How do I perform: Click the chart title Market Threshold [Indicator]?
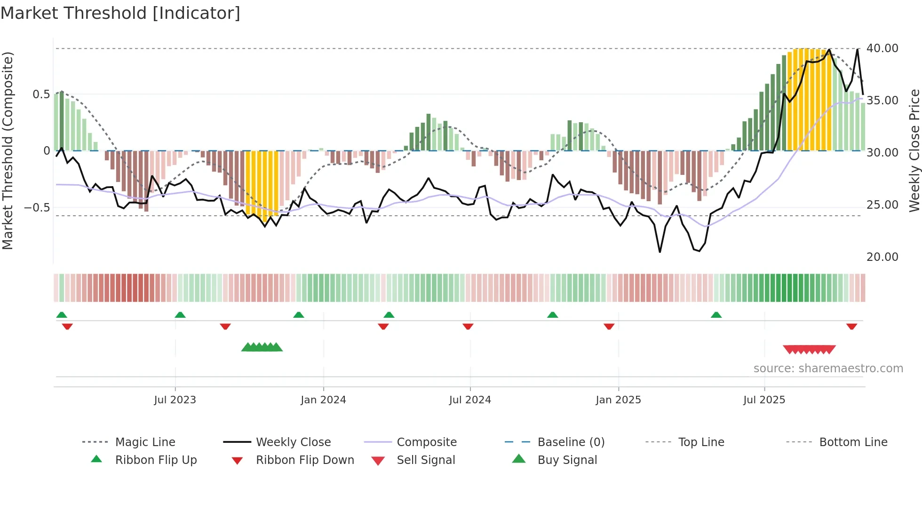pos(120,13)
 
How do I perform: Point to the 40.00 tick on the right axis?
pos(882,48)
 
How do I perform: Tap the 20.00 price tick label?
pos(882,257)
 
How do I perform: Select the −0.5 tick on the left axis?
pos(37,207)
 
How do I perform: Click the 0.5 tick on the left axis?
pos(41,94)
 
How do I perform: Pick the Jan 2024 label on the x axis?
pos(323,400)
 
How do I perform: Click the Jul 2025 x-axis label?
pos(764,400)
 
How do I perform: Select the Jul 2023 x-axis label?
pos(175,400)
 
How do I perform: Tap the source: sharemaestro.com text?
pos(828,369)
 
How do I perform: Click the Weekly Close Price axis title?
pos(914,150)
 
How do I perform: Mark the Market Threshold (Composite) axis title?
pos(8,150)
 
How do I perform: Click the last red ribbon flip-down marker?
pos(851,326)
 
